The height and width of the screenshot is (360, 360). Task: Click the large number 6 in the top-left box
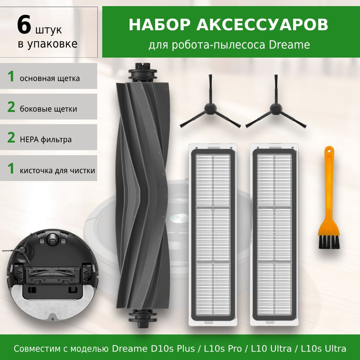pyautogui.click(x=24, y=24)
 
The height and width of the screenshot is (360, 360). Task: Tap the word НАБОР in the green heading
pyautogui.click(x=159, y=24)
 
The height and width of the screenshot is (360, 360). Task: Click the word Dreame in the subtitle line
pyautogui.click(x=289, y=45)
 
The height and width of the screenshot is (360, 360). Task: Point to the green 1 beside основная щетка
pyautogui.click(x=11, y=76)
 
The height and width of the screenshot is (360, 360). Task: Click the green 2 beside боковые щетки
pyautogui.click(x=11, y=107)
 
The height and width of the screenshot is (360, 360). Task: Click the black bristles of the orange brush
pyautogui.click(x=329, y=242)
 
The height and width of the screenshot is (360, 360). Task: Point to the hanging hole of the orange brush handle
pyautogui.click(x=329, y=151)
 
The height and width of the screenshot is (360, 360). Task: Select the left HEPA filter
pyautogui.click(x=213, y=234)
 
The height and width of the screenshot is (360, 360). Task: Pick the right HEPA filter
pyautogui.click(x=274, y=234)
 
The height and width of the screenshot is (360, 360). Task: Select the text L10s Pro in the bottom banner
pyautogui.click(x=223, y=348)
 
